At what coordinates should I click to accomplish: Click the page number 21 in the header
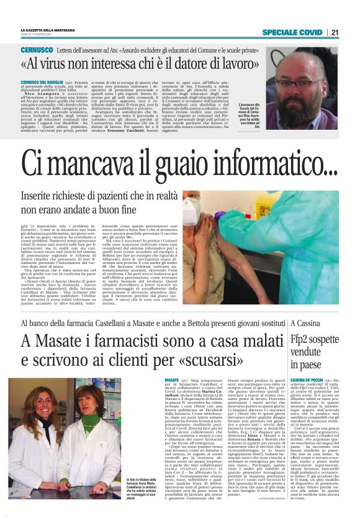pyautogui.click(x=334, y=32)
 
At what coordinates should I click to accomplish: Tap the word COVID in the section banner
pyautogui.click(x=307, y=32)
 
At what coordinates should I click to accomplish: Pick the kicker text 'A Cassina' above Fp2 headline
pyautogui.click(x=305, y=324)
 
